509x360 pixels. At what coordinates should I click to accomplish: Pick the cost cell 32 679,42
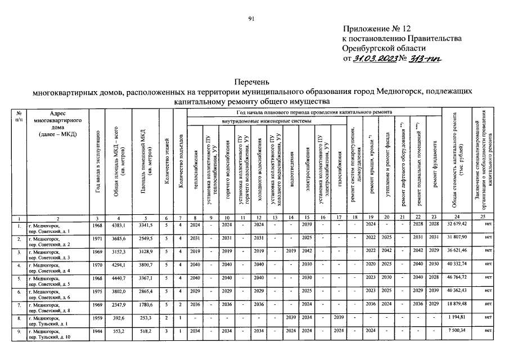point(457,227)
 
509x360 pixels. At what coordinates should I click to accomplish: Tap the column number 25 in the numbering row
point(490,218)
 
